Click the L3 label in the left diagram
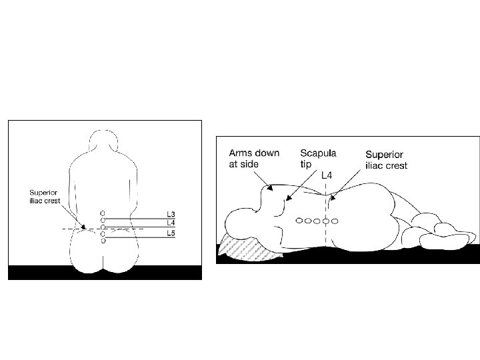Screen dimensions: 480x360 (x=171, y=215)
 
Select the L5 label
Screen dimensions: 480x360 (x=171, y=233)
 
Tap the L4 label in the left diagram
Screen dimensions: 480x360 (x=171, y=223)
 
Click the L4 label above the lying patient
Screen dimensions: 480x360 (x=326, y=175)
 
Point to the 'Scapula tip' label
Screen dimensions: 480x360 (x=319, y=157)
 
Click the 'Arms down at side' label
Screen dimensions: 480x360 (x=254, y=157)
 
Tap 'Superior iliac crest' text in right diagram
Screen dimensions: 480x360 (x=386, y=159)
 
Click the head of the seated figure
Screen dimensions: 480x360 (x=103, y=139)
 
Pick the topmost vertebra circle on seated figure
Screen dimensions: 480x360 (x=103, y=213)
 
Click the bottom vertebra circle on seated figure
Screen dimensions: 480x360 (x=103, y=241)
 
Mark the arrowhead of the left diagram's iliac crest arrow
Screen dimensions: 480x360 (x=84, y=227)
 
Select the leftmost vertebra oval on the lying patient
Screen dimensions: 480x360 (x=301, y=221)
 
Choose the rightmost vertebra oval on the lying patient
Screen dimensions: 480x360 (x=334, y=221)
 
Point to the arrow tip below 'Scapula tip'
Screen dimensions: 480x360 (x=286, y=198)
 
